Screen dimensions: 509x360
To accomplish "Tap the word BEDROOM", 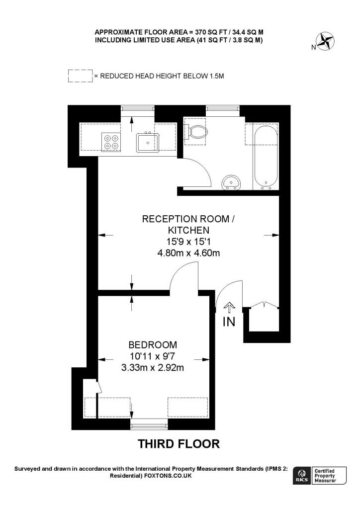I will pyautogui.click(x=153, y=344).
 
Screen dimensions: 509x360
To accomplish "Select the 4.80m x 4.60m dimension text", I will pyautogui.click(x=188, y=253).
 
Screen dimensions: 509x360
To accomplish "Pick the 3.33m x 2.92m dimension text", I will pyautogui.click(x=153, y=368).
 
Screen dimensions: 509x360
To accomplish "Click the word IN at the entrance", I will pyautogui.click(x=229, y=322).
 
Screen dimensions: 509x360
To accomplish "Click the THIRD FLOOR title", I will pyautogui.click(x=179, y=444).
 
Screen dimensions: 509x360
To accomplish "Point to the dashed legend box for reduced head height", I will pyautogui.click(x=80, y=76).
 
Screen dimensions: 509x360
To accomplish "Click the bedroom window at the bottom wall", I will pyautogui.click(x=149, y=424).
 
